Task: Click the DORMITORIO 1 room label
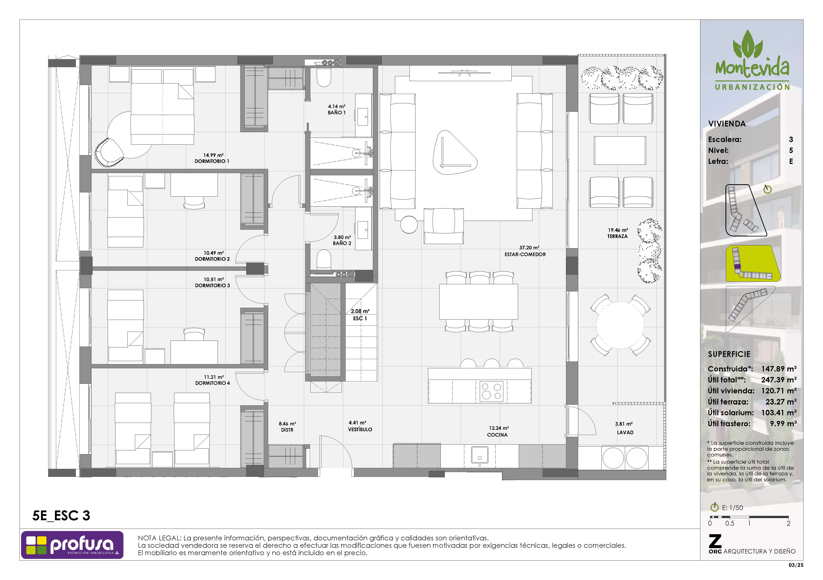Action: [x=212, y=161]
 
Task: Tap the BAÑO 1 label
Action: [x=337, y=113]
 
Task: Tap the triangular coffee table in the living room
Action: [x=455, y=152]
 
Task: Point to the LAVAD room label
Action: [x=625, y=433]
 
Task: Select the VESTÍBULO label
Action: [x=360, y=429]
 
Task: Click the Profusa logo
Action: [x=72, y=545]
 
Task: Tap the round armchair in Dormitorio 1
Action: [x=109, y=152]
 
